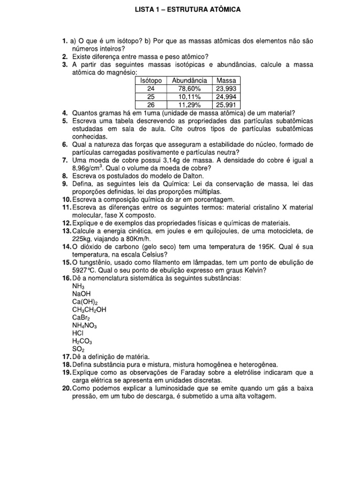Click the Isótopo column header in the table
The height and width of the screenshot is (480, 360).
click(x=151, y=81)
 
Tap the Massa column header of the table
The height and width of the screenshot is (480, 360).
click(x=226, y=81)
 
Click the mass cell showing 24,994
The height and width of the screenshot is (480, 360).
click(x=226, y=97)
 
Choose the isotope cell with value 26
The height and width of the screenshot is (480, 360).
click(x=151, y=104)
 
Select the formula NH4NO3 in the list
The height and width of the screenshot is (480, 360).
click(x=84, y=326)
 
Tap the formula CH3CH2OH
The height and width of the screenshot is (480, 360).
click(x=89, y=310)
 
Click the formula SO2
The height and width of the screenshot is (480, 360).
click(x=78, y=349)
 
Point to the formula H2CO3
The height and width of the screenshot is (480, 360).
click(x=82, y=341)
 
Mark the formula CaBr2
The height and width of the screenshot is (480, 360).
click(x=81, y=318)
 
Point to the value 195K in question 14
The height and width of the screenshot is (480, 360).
click(x=269, y=247)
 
